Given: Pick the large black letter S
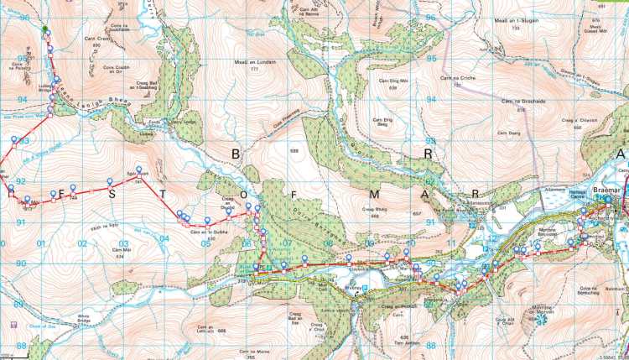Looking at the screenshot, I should pyautogui.click(x=112, y=194).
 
